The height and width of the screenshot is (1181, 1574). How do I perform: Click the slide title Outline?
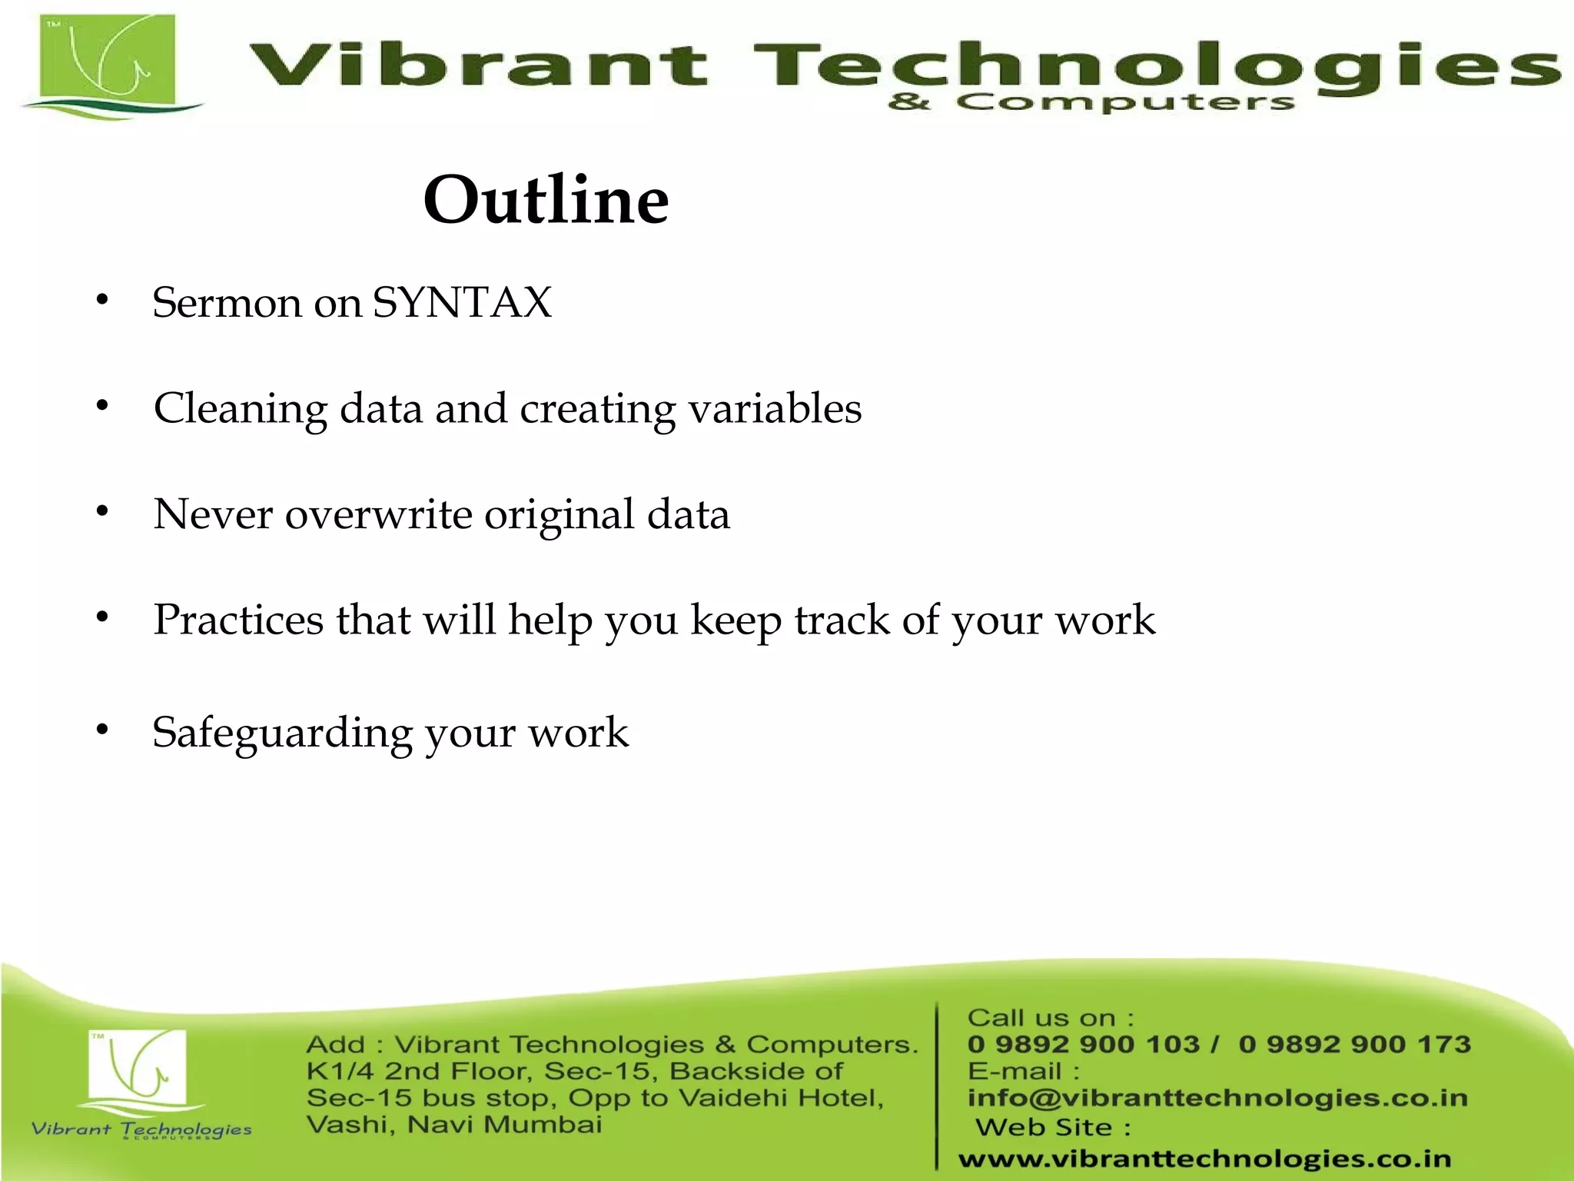click(546, 200)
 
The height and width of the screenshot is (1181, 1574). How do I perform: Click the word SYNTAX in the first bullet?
click(462, 302)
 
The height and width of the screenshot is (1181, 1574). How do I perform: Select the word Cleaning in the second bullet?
click(241, 408)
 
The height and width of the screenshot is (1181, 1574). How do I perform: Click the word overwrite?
click(378, 514)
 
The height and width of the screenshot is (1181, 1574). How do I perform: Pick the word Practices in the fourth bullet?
click(238, 620)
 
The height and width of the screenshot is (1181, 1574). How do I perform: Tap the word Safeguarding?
click(282, 733)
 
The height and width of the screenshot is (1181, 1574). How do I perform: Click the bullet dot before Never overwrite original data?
click(102, 511)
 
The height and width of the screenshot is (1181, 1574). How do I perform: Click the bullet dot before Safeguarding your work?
click(102, 730)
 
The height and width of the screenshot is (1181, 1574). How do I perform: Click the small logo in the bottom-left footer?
click(138, 1073)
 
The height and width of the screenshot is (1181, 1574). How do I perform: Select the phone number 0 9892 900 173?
click(1354, 1044)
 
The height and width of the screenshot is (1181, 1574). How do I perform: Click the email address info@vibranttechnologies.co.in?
click(1217, 1098)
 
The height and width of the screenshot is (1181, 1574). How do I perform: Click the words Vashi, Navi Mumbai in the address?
click(453, 1125)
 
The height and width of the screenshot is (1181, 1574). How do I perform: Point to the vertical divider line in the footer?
click(937, 1084)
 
